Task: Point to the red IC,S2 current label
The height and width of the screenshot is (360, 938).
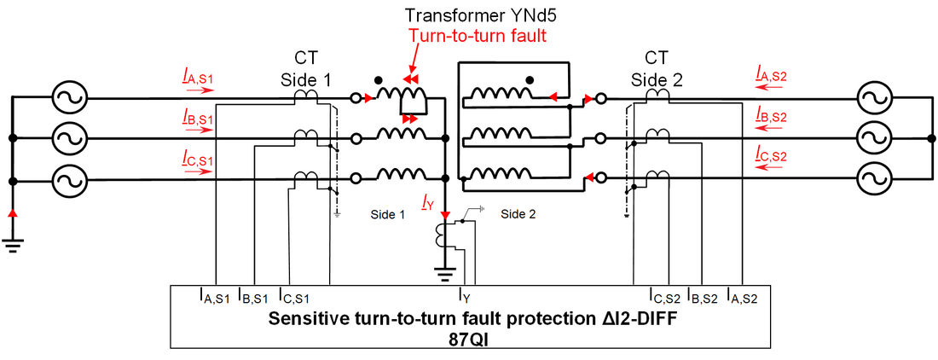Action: click(773, 154)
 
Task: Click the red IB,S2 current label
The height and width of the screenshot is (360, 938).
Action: click(773, 116)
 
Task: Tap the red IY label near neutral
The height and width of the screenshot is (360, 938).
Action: click(428, 202)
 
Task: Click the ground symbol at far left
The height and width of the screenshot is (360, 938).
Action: click(12, 243)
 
